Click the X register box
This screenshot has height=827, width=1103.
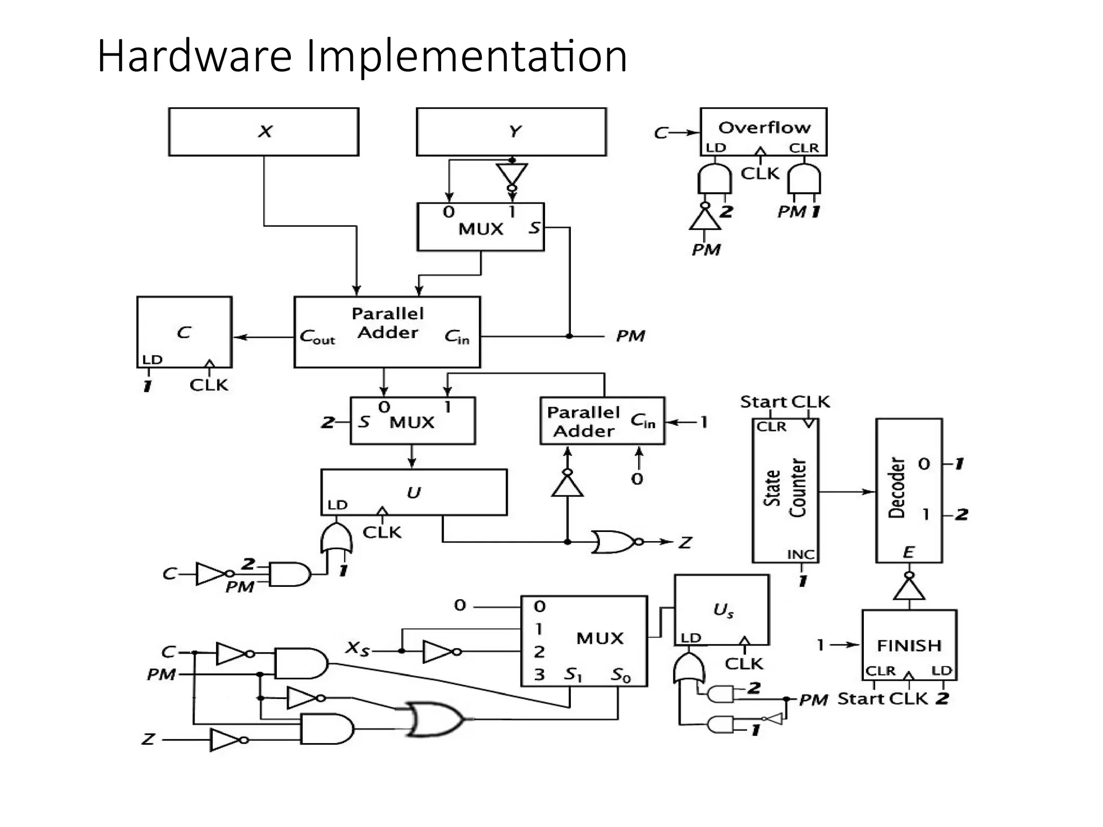(264, 132)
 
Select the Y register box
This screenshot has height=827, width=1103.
(512, 132)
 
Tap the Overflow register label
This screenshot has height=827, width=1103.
(764, 128)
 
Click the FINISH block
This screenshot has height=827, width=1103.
(909, 645)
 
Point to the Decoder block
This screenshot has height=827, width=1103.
(909, 490)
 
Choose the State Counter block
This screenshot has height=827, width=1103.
(785, 490)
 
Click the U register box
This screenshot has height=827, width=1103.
(414, 492)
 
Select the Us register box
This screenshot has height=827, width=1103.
(722, 609)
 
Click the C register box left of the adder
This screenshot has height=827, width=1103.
(184, 332)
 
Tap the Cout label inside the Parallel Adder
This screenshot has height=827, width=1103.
(317, 338)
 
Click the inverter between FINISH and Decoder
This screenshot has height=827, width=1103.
(909, 588)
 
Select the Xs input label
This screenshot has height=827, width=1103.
(358, 648)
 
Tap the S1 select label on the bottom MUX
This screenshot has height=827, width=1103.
(573, 675)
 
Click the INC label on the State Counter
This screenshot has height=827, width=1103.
(801, 554)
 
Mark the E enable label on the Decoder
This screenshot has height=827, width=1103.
(909, 552)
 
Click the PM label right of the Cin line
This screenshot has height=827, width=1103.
(630, 337)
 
